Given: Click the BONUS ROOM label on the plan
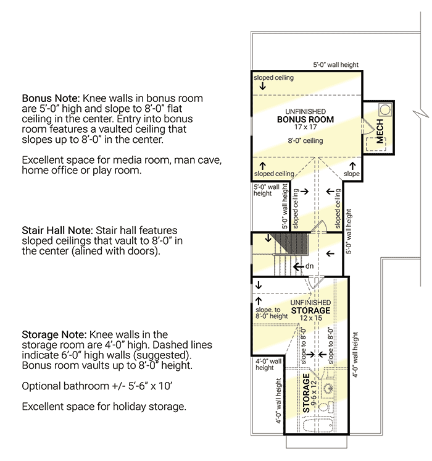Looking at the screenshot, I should pos(305,119).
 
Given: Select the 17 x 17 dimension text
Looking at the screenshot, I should pos(305,127).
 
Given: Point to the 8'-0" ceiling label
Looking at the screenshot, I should pos(306,141).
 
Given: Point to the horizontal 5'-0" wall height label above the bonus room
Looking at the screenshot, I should pos(336,65).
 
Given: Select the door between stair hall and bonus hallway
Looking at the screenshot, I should pos(318,229).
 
